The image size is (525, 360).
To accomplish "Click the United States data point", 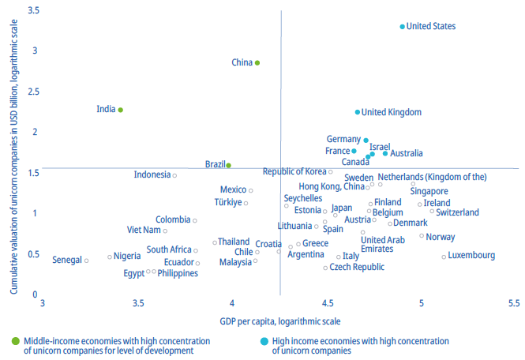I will click(402, 26).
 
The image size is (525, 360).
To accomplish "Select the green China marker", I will click(257, 62).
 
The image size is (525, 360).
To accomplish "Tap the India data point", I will click(121, 110).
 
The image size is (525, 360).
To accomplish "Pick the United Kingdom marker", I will click(357, 112).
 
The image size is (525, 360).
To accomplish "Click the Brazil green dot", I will click(228, 165).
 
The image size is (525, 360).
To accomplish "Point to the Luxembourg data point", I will click(444, 256).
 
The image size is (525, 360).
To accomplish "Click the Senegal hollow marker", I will click(86, 260).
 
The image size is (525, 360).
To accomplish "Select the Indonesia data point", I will click(174, 175).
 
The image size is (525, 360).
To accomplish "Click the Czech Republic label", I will click(357, 268).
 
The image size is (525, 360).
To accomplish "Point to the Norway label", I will click(440, 237).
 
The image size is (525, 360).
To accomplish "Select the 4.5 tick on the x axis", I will click(327, 303).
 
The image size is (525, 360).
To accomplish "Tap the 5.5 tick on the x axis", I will click(514, 303).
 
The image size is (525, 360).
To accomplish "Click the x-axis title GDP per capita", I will click(280, 321).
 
